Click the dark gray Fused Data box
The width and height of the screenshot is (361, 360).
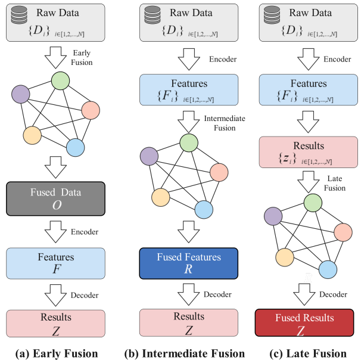[56, 198]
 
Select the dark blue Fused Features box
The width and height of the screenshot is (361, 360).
[189, 263]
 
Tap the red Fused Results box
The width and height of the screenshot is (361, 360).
[304, 322]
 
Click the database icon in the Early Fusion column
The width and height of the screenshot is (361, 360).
[19, 15]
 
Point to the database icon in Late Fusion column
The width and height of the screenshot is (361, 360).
[272, 15]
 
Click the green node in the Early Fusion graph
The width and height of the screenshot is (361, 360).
[60, 80]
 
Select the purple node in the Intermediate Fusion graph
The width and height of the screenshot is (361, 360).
[149, 156]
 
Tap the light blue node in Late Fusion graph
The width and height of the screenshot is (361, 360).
[328, 269]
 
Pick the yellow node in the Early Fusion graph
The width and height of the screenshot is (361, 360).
[32, 135]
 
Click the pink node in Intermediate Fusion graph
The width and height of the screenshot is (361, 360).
[219, 172]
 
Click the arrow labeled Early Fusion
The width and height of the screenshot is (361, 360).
[55, 58]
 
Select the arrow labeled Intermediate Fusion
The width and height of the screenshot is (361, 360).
[189, 122]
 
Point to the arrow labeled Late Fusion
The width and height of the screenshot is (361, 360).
[308, 182]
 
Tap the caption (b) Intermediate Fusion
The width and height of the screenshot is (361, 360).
[185, 353]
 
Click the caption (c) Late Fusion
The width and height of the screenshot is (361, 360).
[308, 353]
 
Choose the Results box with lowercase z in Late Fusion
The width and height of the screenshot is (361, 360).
[308, 152]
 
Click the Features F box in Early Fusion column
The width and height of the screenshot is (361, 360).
[56, 263]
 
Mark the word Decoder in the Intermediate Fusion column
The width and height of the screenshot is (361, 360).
[217, 294]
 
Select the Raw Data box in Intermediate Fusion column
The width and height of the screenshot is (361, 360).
[189, 23]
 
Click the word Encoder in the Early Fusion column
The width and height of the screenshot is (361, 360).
[85, 232]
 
